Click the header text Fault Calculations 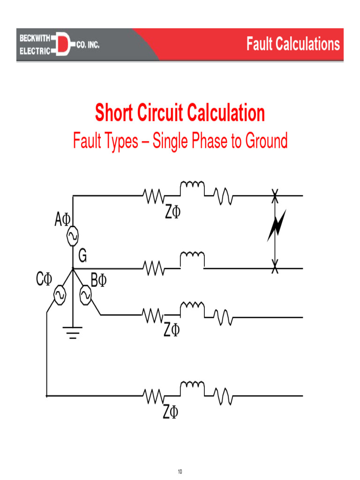[293, 45]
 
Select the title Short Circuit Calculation [180, 113]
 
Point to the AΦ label [62, 219]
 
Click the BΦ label [98, 280]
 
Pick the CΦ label [44, 280]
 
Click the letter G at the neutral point [82, 256]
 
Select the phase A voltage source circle [73, 237]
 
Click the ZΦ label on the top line [172, 213]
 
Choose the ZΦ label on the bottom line [171, 412]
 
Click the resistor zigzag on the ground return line [153, 269]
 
